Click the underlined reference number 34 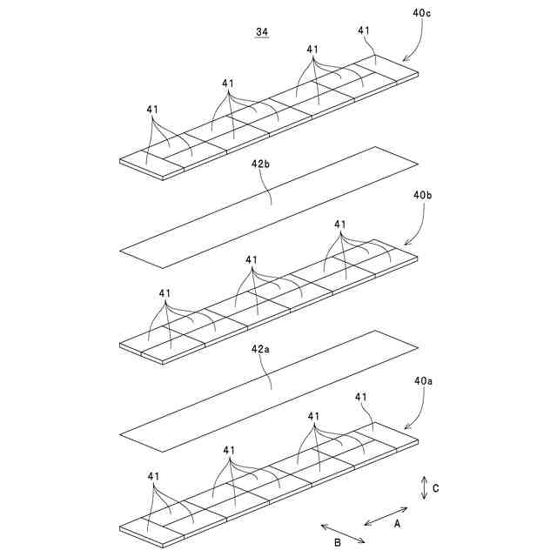click(261, 32)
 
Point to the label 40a click(423, 380)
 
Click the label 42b click(264, 163)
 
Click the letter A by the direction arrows click(397, 524)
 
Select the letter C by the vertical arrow click(435, 488)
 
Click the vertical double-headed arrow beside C click(423, 487)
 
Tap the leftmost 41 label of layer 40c click(152, 110)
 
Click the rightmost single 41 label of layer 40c click(364, 31)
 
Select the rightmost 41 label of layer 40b click(340, 225)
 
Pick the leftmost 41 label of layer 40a click(153, 476)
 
